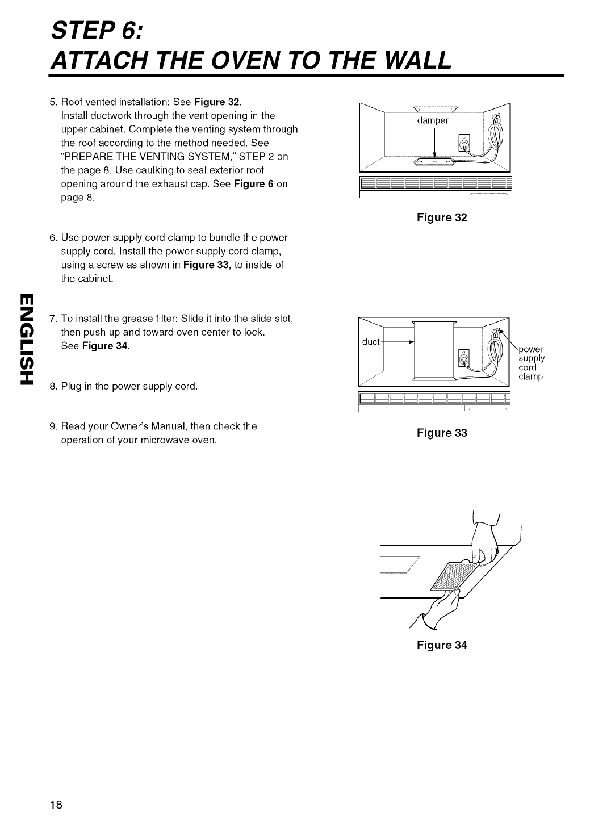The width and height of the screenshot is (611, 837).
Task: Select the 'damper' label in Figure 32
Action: tap(433, 120)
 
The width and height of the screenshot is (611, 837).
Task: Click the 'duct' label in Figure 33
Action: tap(371, 342)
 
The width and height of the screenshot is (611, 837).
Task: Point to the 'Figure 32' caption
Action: tap(442, 217)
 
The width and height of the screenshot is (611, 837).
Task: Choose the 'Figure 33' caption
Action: tap(442, 433)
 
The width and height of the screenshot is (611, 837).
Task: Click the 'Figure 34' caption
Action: tap(442, 645)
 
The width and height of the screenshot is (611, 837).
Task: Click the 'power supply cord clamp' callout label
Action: tap(532, 363)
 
